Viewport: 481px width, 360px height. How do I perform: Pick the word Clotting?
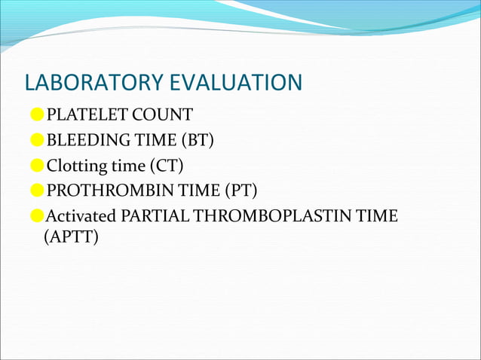coord(73,166)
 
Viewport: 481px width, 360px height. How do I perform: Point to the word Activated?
coord(81,217)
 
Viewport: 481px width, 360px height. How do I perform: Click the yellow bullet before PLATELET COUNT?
coord(37,115)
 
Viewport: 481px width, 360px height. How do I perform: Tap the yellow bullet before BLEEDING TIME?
coord(37,140)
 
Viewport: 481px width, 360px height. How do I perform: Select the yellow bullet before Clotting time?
coord(37,166)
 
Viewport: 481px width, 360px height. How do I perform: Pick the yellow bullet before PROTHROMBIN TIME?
coord(37,191)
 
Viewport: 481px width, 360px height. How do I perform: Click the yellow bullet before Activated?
coord(37,217)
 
